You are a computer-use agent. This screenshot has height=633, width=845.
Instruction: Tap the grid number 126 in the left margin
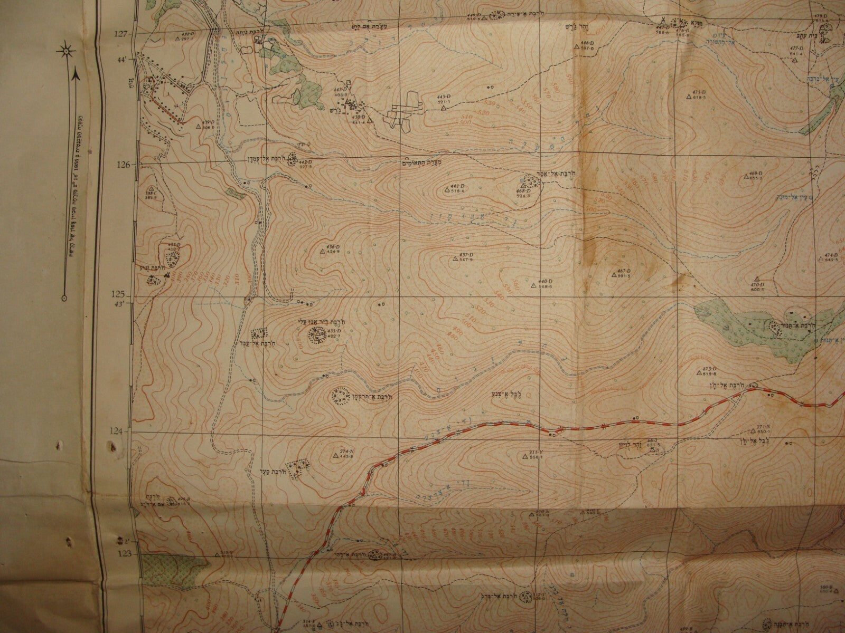[x=123, y=165]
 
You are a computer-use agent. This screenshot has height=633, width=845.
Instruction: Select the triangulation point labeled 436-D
[x=322, y=252]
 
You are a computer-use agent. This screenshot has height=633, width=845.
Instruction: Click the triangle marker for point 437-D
[x=455, y=258]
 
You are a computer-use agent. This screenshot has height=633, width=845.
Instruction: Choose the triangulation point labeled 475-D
[x=688, y=96]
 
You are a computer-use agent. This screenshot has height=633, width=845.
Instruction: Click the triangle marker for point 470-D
[x=757, y=279]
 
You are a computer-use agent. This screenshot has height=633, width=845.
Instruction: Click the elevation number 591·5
[x=624, y=276]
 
